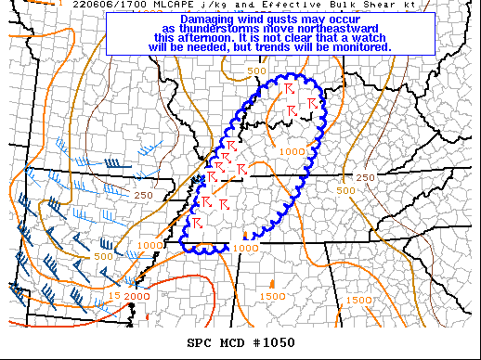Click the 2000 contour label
click(137, 296)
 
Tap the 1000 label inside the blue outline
click(292, 151)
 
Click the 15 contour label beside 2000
click(114, 296)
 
